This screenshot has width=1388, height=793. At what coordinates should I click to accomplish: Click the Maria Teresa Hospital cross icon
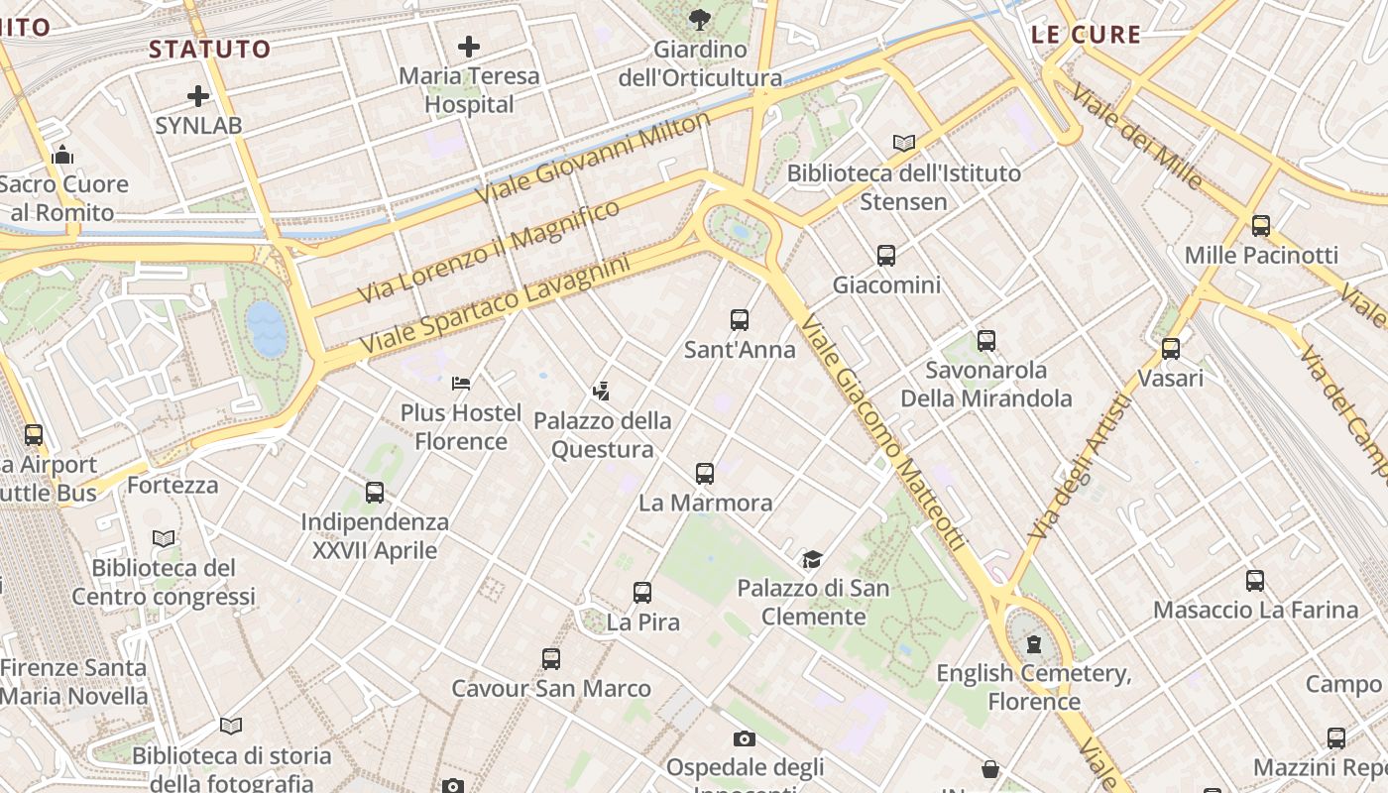[x=469, y=46]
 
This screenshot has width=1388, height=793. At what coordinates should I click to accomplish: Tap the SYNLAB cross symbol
[x=198, y=96]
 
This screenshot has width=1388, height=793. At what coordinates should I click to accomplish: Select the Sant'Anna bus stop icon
[x=740, y=319]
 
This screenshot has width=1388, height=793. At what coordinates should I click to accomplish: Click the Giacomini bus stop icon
[x=886, y=256]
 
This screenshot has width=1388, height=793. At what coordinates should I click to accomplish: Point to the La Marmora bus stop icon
[x=705, y=473]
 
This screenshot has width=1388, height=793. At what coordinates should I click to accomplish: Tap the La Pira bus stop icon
[x=642, y=593]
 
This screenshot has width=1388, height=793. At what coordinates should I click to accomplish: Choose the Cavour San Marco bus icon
[x=551, y=658]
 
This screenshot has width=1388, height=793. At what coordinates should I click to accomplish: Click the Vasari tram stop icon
[x=1171, y=348]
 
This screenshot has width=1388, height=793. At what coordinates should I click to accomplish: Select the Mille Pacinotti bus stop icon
[x=1261, y=225]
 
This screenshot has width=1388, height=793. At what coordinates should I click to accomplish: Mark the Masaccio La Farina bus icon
[x=1255, y=580]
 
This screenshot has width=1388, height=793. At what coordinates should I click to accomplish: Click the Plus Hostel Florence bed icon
[x=461, y=383]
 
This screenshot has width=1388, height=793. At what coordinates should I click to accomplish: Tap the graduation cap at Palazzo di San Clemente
[x=812, y=559]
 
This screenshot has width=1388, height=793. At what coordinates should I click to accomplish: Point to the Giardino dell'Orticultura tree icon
[x=700, y=19]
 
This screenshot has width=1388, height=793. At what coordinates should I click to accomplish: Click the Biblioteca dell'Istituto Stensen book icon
[x=903, y=143]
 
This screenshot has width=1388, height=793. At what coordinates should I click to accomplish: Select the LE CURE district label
[x=1086, y=35]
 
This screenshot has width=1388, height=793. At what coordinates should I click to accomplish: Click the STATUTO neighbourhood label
[x=209, y=49]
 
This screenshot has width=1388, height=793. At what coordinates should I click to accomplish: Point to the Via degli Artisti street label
[x=1080, y=466]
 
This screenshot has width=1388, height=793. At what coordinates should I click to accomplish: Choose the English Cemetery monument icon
[x=1034, y=644]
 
